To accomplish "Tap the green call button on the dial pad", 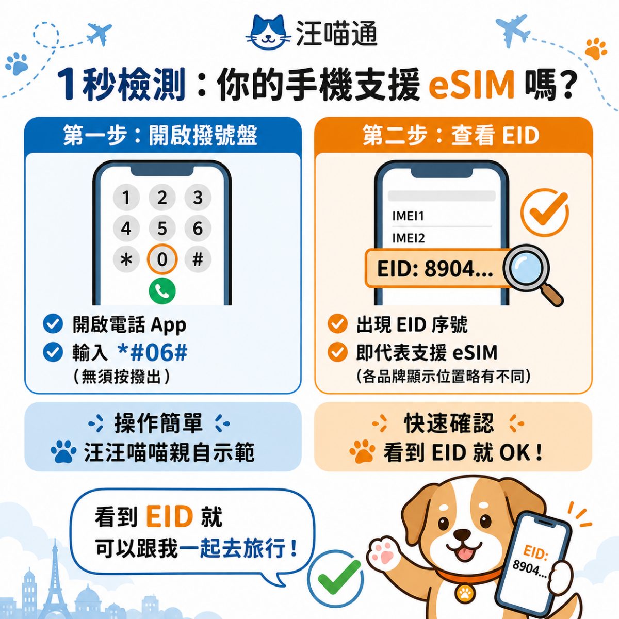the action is [x=162, y=290].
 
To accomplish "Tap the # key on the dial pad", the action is [x=198, y=259].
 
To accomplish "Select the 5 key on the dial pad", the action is [x=162, y=229].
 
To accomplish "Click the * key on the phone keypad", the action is [x=126, y=259].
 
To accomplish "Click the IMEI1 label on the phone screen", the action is [x=408, y=216].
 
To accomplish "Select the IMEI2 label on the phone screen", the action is [x=408, y=238].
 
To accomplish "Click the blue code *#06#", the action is [x=153, y=352].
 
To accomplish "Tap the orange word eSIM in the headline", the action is [x=472, y=86].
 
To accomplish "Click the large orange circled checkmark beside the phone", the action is [x=544, y=213].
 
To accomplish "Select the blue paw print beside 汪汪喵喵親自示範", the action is [x=63, y=451].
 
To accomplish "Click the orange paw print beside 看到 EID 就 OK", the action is [x=363, y=451].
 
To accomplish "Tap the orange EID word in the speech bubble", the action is [x=169, y=517].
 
